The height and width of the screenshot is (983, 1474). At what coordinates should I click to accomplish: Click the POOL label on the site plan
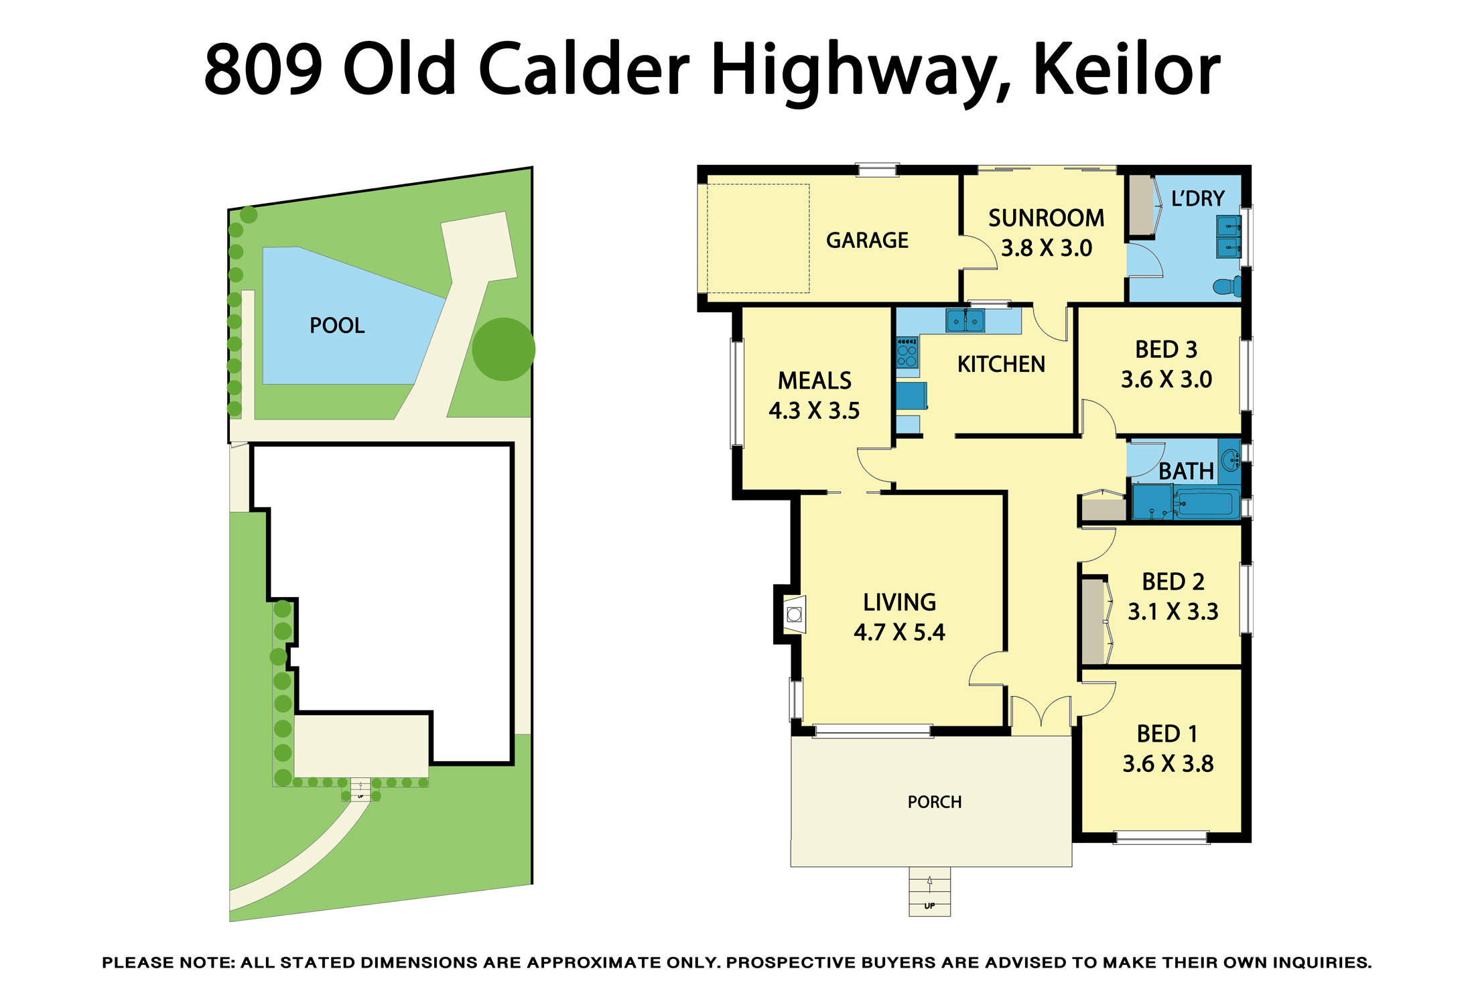click(337, 326)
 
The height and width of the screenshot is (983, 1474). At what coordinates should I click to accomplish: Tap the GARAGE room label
click(867, 240)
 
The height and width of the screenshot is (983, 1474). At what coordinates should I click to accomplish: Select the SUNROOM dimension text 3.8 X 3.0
click(1046, 249)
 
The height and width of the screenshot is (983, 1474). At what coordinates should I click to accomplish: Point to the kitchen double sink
click(965, 321)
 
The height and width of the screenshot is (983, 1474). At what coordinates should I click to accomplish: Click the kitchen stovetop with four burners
click(907, 353)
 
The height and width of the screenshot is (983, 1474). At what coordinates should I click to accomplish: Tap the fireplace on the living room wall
click(794, 614)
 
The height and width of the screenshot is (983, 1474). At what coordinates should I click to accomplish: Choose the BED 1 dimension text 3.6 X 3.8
click(1168, 764)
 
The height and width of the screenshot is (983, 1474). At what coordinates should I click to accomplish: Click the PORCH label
click(934, 802)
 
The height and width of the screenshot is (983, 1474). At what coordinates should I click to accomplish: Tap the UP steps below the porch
click(929, 892)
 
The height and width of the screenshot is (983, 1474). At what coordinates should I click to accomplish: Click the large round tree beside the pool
click(503, 349)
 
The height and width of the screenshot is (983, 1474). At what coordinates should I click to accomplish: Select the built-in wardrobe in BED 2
click(1093, 622)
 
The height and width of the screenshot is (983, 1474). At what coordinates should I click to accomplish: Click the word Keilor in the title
click(1127, 70)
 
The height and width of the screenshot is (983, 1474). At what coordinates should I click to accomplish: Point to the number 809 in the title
click(263, 70)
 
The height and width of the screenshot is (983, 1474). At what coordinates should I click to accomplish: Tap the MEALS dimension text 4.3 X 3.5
click(814, 411)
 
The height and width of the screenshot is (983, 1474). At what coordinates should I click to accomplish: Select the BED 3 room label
click(1166, 350)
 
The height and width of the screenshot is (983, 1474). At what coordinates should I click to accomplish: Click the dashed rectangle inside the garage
click(758, 239)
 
